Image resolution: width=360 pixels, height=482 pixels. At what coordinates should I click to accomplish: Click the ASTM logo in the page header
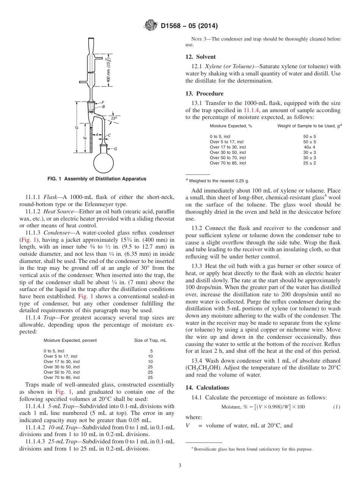[150, 26]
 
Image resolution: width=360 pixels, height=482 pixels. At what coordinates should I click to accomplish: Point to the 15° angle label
[114, 118]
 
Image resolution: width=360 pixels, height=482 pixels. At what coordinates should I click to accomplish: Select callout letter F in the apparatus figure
[103, 103]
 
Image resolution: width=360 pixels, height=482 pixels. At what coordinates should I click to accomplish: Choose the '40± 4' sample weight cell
[309, 147]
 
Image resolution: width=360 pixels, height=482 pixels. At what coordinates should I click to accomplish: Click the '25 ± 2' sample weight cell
[309, 163]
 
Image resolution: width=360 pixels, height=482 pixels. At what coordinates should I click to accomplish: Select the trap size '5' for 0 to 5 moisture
[151, 351]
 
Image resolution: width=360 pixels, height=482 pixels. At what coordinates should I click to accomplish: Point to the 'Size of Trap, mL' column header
[150, 340]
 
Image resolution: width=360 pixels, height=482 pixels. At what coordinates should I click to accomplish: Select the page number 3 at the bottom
[180, 466]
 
